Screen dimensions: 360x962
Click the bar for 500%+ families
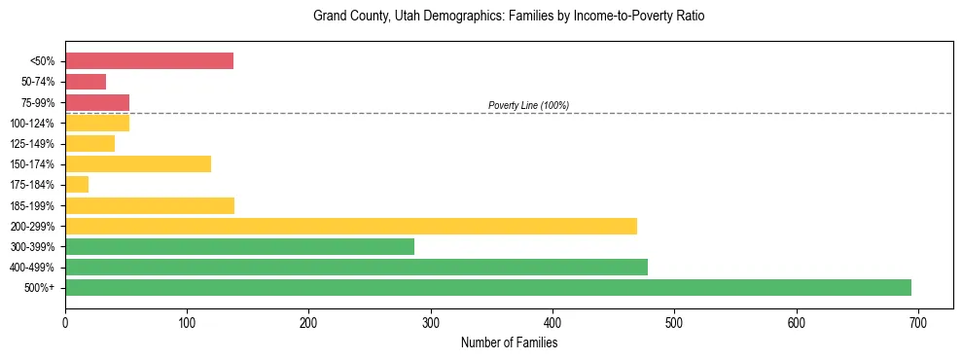tap(487, 287)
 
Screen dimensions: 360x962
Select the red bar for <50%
tap(149, 61)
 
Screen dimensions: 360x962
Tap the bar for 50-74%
tap(86, 82)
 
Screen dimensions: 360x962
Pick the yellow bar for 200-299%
tap(351, 226)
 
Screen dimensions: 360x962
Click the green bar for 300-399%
tap(239, 246)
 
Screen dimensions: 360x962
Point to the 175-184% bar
tap(77, 185)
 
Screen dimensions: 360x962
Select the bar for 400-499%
tap(356, 267)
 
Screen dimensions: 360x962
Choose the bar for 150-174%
tap(138, 163)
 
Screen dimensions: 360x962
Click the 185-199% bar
tap(150, 205)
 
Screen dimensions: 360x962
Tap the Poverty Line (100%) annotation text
tap(528, 105)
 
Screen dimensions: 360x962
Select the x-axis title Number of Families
tap(509, 342)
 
